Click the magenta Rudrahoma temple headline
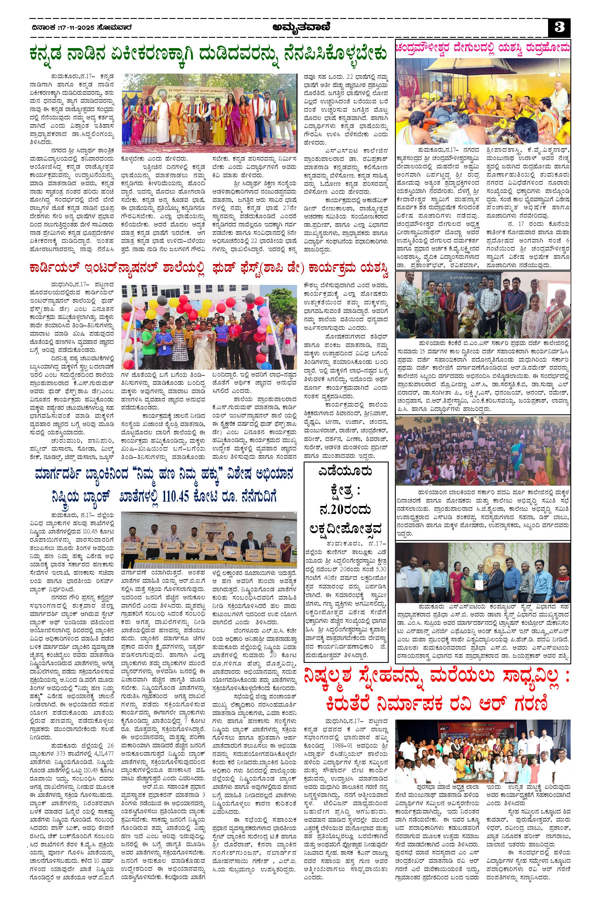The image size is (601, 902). click(x=483, y=48)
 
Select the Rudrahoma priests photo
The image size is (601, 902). click(x=483, y=102)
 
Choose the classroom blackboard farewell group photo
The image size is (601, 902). click(x=483, y=304)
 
